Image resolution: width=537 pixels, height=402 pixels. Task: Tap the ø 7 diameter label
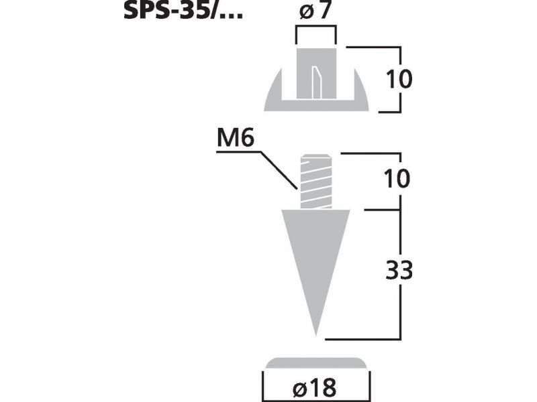tap(315, 11)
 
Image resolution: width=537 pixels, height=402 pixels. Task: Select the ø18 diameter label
tap(315, 388)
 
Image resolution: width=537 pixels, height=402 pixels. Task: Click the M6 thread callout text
tap(236, 139)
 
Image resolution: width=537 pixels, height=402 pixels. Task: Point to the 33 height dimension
tap(399, 270)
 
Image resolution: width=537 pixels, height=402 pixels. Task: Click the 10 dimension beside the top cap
tap(399, 79)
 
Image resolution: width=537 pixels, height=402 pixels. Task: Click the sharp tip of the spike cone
tap(315, 336)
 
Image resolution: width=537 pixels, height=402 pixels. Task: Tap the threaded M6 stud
tap(316, 182)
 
